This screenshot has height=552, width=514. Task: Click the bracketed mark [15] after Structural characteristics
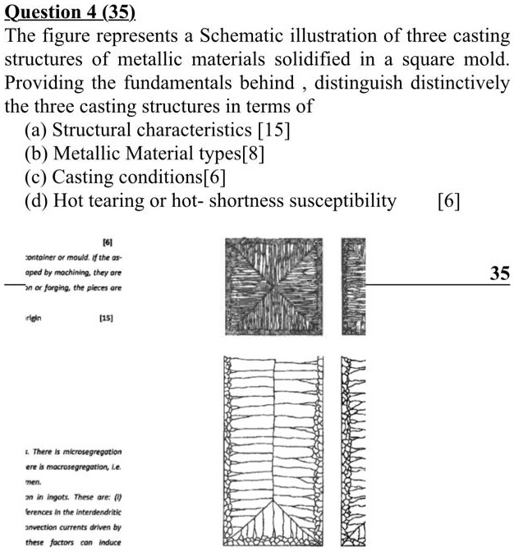(x=273, y=130)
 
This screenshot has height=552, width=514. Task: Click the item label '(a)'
(x=36, y=130)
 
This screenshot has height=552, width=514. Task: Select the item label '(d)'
(x=36, y=200)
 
